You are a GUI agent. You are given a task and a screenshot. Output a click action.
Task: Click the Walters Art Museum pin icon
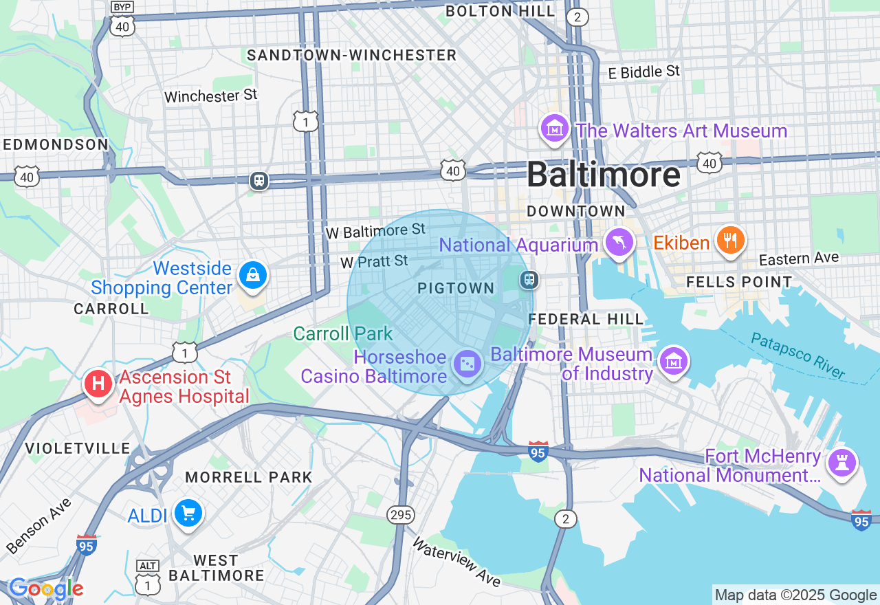(x=554, y=129)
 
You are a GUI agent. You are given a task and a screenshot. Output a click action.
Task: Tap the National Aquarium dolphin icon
(x=619, y=243)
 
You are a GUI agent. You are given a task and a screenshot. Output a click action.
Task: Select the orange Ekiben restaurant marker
(x=730, y=240)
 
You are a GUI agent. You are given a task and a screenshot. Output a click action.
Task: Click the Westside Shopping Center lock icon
(x=252, y=276)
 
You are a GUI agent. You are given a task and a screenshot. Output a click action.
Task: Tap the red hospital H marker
(x=98, y=383)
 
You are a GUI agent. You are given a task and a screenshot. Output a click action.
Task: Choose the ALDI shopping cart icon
(x=188, y=513)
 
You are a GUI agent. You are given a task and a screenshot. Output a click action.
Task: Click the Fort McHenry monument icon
(x=841, y=462)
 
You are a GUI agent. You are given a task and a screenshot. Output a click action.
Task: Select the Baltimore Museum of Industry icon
(x=673, y=361)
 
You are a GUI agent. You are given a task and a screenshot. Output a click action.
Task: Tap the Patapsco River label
(x=797, y=355)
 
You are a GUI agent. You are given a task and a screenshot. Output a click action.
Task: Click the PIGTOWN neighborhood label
(x=456, y=289)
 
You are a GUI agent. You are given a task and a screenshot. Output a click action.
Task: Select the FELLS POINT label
(x=739, y=282)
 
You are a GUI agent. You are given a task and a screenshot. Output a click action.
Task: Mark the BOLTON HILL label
(x=500, y=11)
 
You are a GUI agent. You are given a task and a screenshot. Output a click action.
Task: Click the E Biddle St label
(x=643, y=71)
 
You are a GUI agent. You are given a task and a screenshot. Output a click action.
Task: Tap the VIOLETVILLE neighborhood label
(x=78, y=448)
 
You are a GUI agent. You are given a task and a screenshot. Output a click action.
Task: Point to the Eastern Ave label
(x=799, y=258)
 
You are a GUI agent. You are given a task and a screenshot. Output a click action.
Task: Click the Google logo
(x=46, y=588)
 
